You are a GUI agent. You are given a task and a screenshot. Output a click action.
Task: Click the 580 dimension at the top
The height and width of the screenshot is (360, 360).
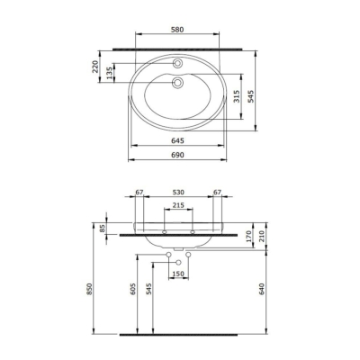179,31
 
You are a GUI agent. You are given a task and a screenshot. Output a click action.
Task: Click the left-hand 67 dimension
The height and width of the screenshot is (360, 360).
139,192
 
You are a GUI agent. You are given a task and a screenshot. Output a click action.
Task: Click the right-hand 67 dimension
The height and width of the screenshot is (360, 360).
217,192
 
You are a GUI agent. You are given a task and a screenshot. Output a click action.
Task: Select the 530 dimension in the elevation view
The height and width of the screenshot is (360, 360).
178,192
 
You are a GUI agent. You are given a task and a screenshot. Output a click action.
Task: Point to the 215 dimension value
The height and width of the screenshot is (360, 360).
178,206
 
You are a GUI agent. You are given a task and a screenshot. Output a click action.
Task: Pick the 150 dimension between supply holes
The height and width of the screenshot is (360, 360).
178,274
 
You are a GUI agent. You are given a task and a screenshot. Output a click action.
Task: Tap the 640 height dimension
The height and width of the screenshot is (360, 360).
262,289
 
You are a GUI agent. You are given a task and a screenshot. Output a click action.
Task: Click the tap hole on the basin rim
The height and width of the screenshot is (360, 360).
179,64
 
